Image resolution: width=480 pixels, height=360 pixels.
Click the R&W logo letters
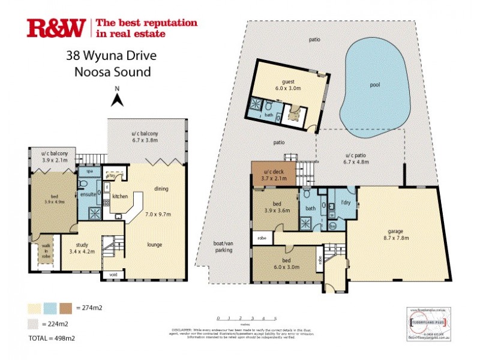click(x=56, y=28)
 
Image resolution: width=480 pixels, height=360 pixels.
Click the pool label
click(x=375, y=85)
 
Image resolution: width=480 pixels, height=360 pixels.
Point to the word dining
click(x=160, y=188)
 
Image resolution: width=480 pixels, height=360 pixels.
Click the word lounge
click(x=157, y=244)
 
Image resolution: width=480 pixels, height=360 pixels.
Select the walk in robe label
click(x=46, y=251)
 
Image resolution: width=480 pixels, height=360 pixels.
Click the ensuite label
click(x=89, y=195)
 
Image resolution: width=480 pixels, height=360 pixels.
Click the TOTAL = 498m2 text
click(x=51, y=338)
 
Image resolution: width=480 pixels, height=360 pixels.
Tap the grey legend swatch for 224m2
click(x=35, y=324)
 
